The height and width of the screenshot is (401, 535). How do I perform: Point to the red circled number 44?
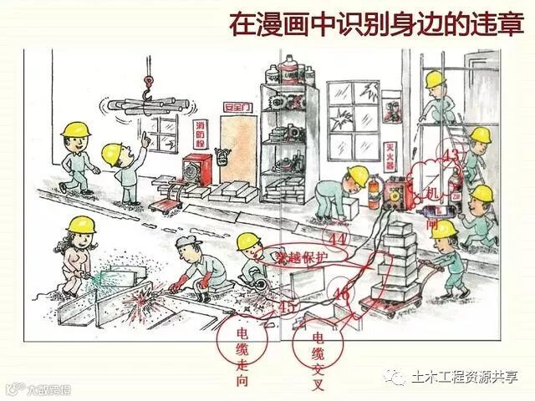click(339, 239)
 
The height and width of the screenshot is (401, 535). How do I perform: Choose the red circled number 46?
click(340, 294)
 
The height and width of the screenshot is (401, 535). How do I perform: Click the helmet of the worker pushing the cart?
click(444, 227)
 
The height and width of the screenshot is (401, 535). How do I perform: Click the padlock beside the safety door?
click(222, 156)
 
